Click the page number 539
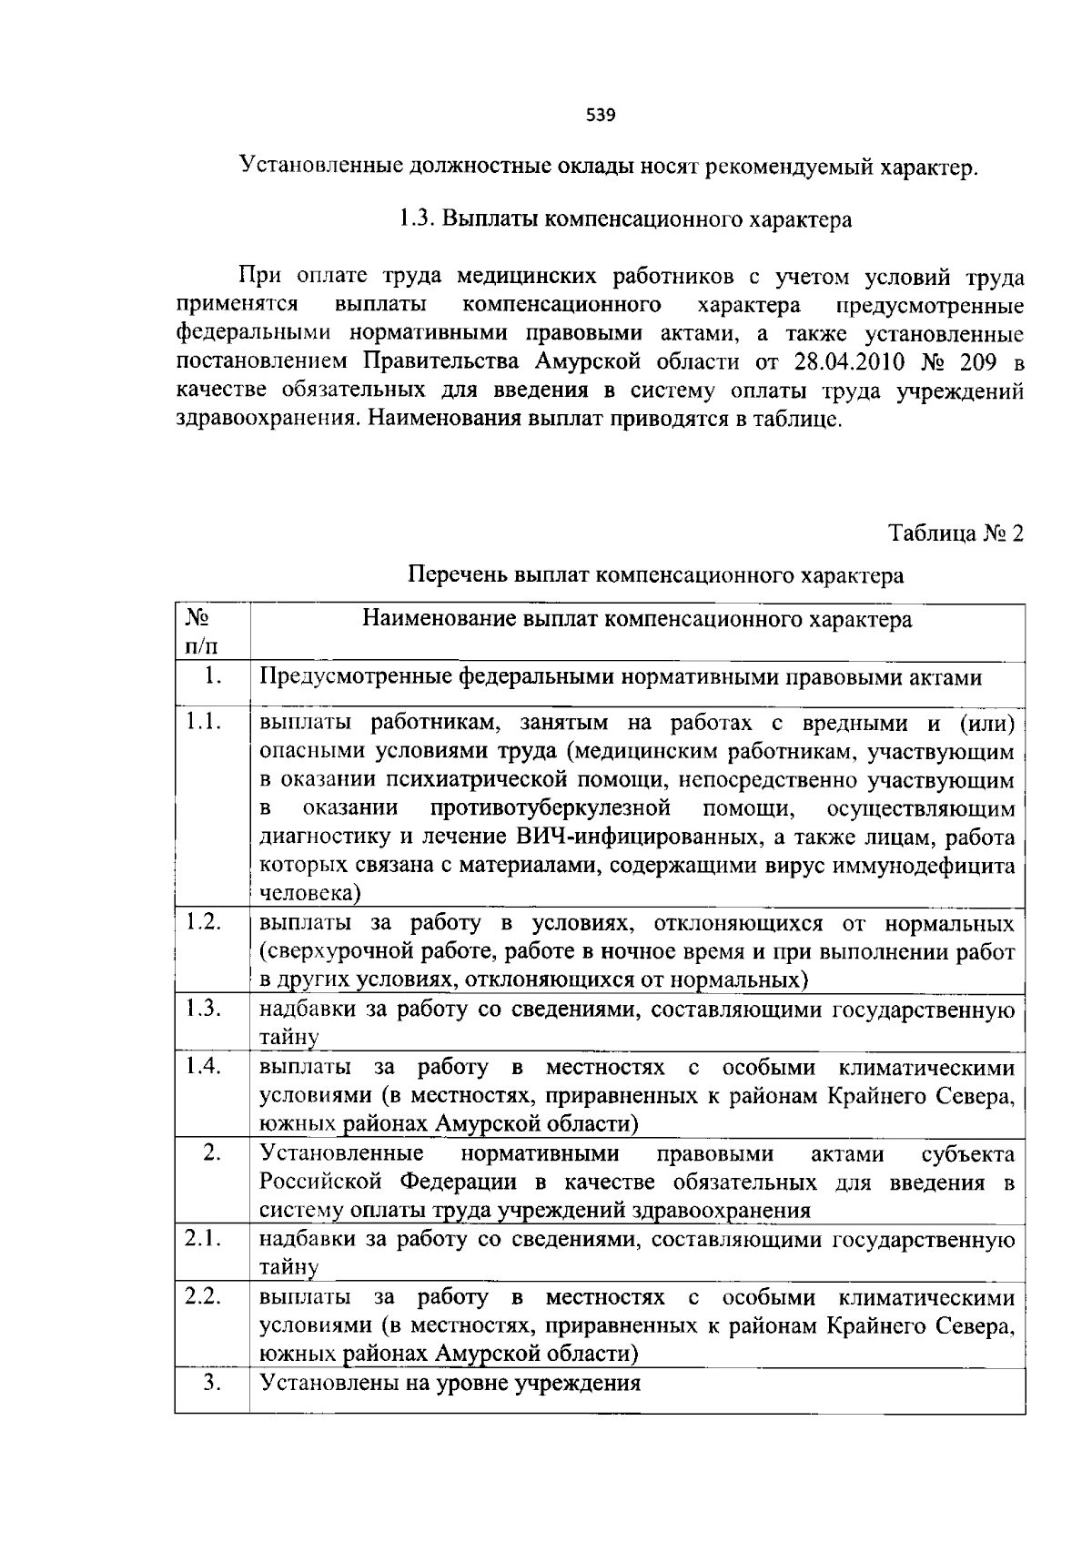(x=601, y=116)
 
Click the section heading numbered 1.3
(x=624, y=220)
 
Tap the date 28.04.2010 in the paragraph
(x=850, y=361)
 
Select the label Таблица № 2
(x=955, y=533)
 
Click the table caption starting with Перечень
(x=656, y=575)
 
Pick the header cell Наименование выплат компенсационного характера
(x=636, y=621)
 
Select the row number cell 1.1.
(x=204, y=723)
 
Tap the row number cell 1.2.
(x=204, y=922)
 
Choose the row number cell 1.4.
(x=204, y=1066)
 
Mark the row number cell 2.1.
(x=204, y=1239)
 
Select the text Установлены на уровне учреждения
(x=450, y=1384)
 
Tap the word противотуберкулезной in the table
(x=551, y=808)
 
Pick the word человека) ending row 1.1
(x=311, y=893)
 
